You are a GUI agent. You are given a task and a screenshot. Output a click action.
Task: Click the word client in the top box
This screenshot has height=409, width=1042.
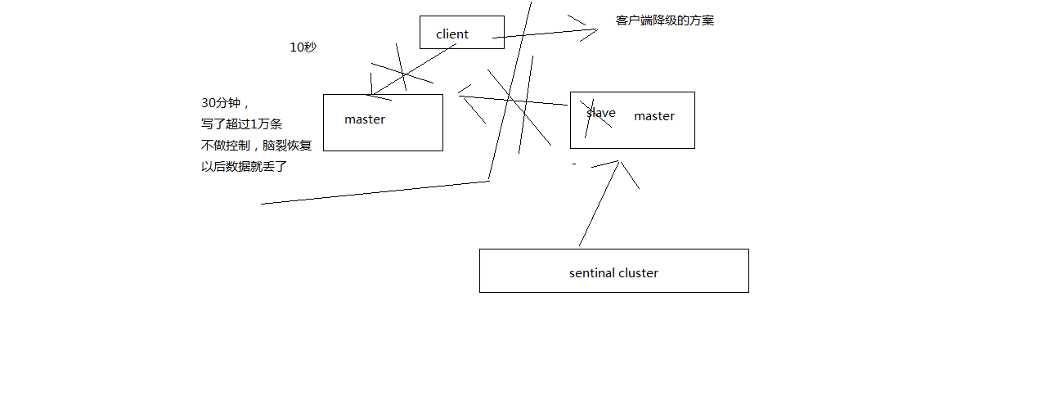point(452,34)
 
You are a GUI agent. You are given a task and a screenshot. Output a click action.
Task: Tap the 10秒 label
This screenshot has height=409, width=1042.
point(303,47)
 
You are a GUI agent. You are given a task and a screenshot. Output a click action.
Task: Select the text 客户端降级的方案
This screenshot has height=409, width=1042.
point(664,20)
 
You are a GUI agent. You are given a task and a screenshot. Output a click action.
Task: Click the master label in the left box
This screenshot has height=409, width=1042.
point(364,119)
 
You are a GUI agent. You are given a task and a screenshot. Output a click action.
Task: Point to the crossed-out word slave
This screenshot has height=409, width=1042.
point(600,114)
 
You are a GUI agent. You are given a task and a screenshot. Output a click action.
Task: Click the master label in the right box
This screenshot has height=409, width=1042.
point(653,116)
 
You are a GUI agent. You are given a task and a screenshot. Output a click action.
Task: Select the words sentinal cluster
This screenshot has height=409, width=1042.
point(613,273)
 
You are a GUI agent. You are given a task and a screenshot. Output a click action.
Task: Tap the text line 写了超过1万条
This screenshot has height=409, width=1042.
point(241,124)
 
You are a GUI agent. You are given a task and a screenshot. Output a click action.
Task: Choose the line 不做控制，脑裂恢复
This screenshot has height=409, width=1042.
point(256,146)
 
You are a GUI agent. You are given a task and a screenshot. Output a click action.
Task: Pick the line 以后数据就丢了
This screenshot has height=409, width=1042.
point(244,167)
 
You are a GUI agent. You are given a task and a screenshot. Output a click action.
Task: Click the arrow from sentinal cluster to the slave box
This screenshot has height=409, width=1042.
point(599,204)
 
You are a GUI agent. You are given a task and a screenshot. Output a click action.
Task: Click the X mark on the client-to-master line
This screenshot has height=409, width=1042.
point(402,74)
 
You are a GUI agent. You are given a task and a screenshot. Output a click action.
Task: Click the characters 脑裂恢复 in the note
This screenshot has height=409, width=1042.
point(287,146)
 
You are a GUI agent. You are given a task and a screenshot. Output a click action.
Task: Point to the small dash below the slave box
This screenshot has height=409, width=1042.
point(574,164)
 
